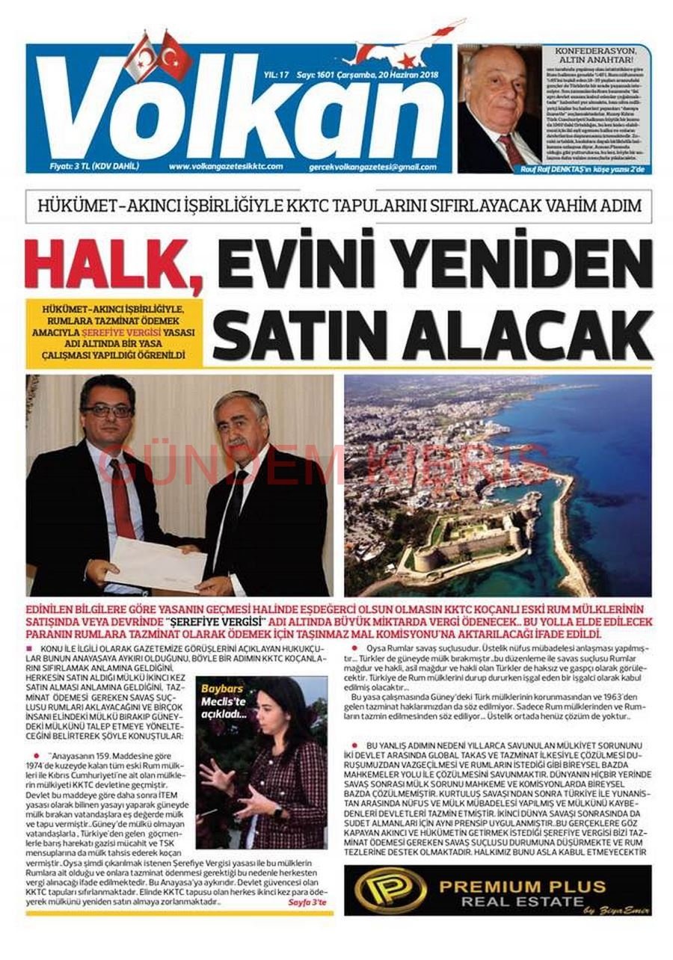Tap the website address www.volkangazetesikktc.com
(226, 167)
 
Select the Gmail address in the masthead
(372, 167)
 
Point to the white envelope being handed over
(156, 563)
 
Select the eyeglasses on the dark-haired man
(107, 410)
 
